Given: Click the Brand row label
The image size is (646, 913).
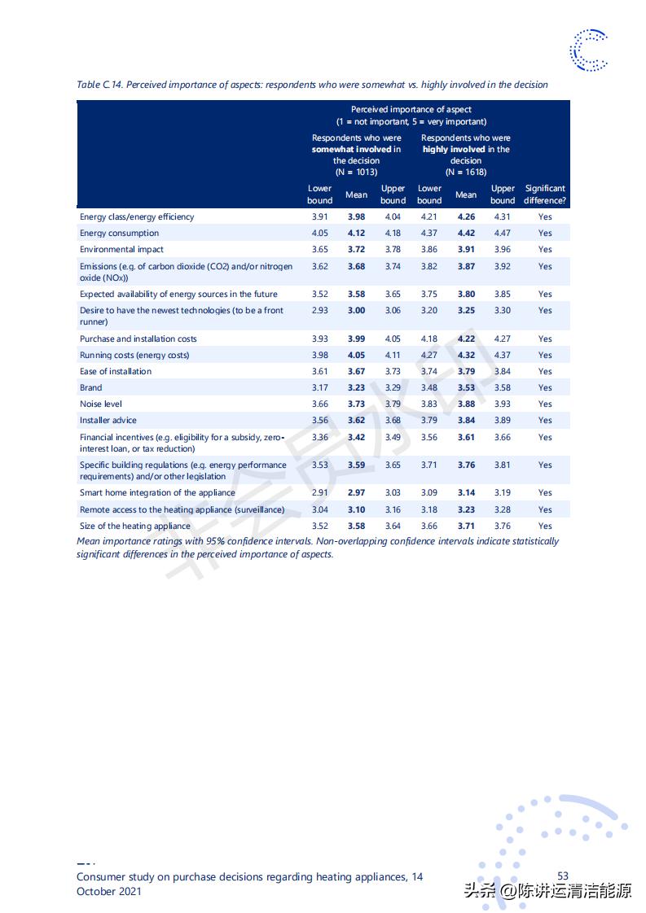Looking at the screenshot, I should [90, 388].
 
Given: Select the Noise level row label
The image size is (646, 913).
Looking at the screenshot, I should [101, 404].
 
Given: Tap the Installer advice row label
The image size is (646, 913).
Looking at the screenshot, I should [108, 421].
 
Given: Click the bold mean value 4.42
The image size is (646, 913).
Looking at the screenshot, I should [466, 234].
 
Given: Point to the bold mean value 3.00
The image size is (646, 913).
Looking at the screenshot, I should [356, 311].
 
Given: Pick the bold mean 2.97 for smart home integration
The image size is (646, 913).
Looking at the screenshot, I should [356, 493].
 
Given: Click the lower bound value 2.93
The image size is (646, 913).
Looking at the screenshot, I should [319, 311].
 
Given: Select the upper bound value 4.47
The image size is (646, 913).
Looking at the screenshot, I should [503, 234].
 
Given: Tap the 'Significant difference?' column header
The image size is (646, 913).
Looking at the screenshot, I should [545, 194].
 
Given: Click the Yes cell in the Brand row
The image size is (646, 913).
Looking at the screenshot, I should [545, 388].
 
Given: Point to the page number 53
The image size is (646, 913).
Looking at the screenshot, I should [563, 876].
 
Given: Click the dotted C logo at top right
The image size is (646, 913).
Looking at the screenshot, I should [589, 50].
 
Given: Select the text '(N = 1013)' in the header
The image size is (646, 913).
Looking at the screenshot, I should [356, 172].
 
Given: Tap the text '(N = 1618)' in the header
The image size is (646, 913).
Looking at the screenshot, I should [466, 172].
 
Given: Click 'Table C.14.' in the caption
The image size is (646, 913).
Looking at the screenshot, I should [100, 85].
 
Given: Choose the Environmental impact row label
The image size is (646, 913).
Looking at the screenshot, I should [121, 250].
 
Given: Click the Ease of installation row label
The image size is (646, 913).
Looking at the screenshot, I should [116, 372].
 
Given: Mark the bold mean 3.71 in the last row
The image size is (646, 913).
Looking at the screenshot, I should [466, 526].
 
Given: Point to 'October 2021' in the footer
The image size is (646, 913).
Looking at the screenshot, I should [109, 891].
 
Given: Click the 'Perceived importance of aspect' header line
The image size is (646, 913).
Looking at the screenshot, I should [411, 109].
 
